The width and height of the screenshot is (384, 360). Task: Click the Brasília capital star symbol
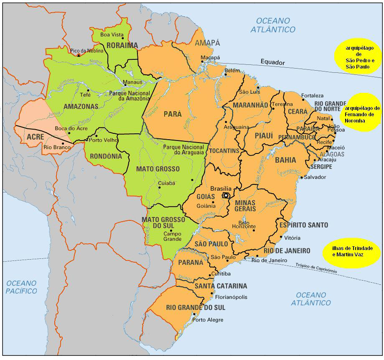click(226, 195)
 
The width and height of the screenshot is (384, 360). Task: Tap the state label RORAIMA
click(122, 45)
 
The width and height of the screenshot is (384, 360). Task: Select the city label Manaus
click(133, 82)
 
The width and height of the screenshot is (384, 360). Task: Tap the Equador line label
click(272, 62)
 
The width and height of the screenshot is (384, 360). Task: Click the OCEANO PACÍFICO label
click(21, 287)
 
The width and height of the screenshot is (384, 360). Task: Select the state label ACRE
click(36, 137)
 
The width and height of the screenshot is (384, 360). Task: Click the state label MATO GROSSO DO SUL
click(163, 222)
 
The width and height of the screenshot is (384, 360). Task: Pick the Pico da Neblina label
click(86, 51)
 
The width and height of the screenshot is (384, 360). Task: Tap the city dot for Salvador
click(301, 177)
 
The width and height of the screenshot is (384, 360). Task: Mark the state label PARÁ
click(173, 114)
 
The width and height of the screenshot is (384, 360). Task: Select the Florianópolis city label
click(231, 297)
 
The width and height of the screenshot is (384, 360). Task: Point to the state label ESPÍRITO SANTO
click(304, 225)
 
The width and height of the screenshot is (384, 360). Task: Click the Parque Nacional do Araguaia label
click(183, 149)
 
